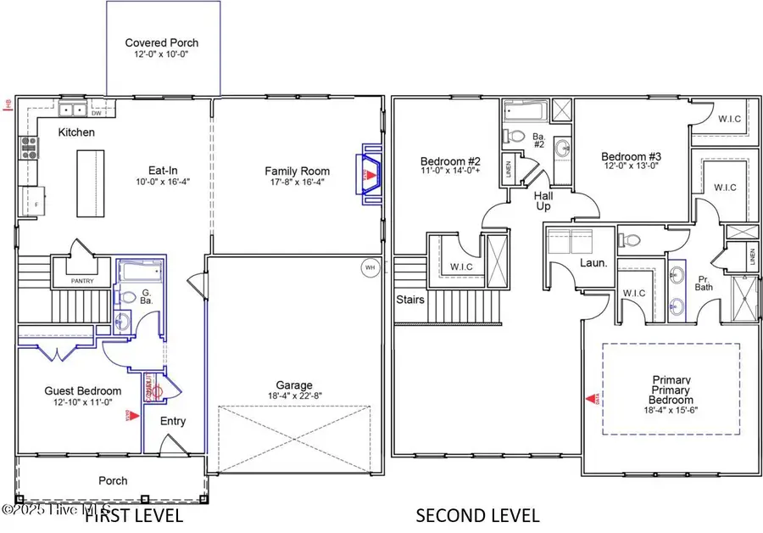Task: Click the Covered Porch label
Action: coord(161,42)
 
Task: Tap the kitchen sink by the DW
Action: coord(71,109)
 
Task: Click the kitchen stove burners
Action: coord(29,149)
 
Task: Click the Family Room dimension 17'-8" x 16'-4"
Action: coord(295,182)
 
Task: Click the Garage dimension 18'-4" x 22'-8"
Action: coord(293,396)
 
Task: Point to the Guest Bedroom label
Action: coord(82,391)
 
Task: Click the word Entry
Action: coord(172,421)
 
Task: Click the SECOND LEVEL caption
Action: coord(476,514)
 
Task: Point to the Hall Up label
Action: coord(543,200)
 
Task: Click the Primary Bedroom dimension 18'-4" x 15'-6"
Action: coord(672,410)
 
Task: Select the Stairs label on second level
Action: coord(410,300)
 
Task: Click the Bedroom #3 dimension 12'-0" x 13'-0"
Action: coord(631,167)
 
